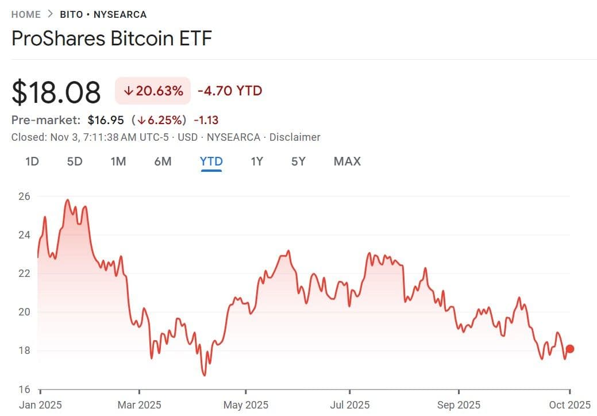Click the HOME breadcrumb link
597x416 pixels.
(x=26, y=14)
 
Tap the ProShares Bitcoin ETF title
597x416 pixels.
(x=111, y=39)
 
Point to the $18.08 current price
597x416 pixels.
(x=56, y=92)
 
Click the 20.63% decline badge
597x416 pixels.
(x=153, y=91)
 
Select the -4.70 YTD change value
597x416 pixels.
(x=230, y=91)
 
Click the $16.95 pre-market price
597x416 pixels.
(x=105, y=120)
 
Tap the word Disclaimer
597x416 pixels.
(x=295, y=137)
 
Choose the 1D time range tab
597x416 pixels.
(x=32, y=161)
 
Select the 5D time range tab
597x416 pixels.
(x=75, y=161)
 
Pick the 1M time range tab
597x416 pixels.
(x=118, y=161)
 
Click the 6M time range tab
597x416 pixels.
(x=163, y=161)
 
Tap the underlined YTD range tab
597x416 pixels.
(x=211, y=161)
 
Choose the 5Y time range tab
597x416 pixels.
(x=298, y=161)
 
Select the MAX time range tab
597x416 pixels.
(x=347, y=161)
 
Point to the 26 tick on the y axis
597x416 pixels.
(x=25, y=197)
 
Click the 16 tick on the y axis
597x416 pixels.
(x=25, y=390)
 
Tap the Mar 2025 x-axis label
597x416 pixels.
(x=138, y=405)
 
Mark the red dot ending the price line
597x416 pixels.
(x=570, y=349)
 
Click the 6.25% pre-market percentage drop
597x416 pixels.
(x=161, y=120)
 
